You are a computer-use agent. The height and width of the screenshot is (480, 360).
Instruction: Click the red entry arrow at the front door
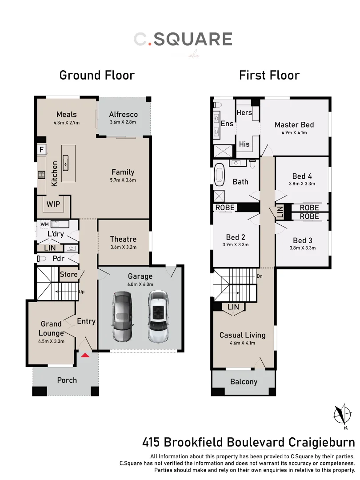(x=85, y=354)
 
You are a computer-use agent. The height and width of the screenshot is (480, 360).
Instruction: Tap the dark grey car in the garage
(x=122, y=316)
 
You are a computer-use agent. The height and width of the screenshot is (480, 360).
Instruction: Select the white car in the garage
(x=158, y=316)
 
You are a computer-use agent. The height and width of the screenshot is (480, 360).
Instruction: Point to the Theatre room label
(x=123, y=239)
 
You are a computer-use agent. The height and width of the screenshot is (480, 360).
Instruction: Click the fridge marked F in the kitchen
(x=41, y=150)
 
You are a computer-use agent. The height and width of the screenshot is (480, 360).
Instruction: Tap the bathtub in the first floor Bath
(x=220, y=175)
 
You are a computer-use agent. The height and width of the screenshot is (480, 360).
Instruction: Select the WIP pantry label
(x=53, y=205)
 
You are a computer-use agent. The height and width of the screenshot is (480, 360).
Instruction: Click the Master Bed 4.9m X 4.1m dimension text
(x=294, y=132)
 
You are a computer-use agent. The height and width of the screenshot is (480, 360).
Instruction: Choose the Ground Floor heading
(x=97, y=75)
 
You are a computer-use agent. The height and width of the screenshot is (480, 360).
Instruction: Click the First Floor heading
(x=269, y=75)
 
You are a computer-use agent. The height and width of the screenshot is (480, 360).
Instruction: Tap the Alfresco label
(x=123, y=114)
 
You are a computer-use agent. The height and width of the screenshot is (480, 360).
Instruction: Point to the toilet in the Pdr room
(x=42, y=258)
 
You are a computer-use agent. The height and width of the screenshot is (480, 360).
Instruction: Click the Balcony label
(x=244, y=382)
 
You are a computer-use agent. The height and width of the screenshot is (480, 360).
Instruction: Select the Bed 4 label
(x=302, y=176)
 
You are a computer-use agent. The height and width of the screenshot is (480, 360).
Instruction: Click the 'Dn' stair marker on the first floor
(x=260, y=276)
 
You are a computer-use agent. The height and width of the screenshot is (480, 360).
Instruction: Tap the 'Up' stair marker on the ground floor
(x=81, y=292)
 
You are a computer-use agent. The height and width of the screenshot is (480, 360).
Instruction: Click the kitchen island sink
(x=66, y=163)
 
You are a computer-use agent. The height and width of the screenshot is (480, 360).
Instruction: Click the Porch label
(x=67, y=380)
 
